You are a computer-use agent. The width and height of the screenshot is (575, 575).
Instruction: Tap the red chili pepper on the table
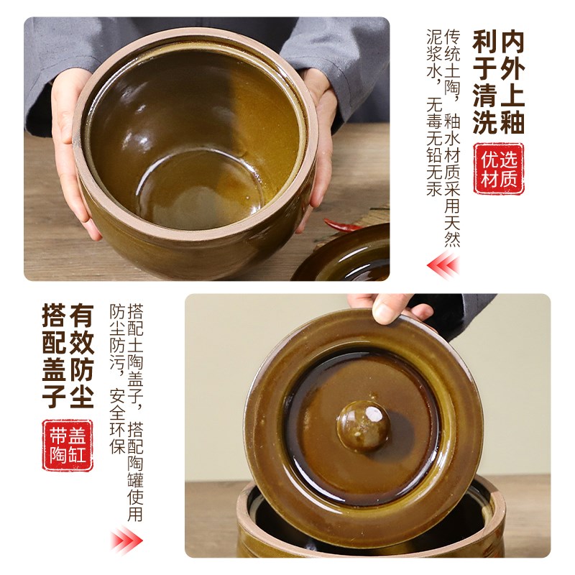point(344,225)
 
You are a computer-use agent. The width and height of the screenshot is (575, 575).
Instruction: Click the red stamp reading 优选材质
point(499,168)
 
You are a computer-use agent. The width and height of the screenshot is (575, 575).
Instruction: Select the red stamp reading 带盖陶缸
point(68,445)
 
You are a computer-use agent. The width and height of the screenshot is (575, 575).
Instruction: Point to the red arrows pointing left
point(443,266)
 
